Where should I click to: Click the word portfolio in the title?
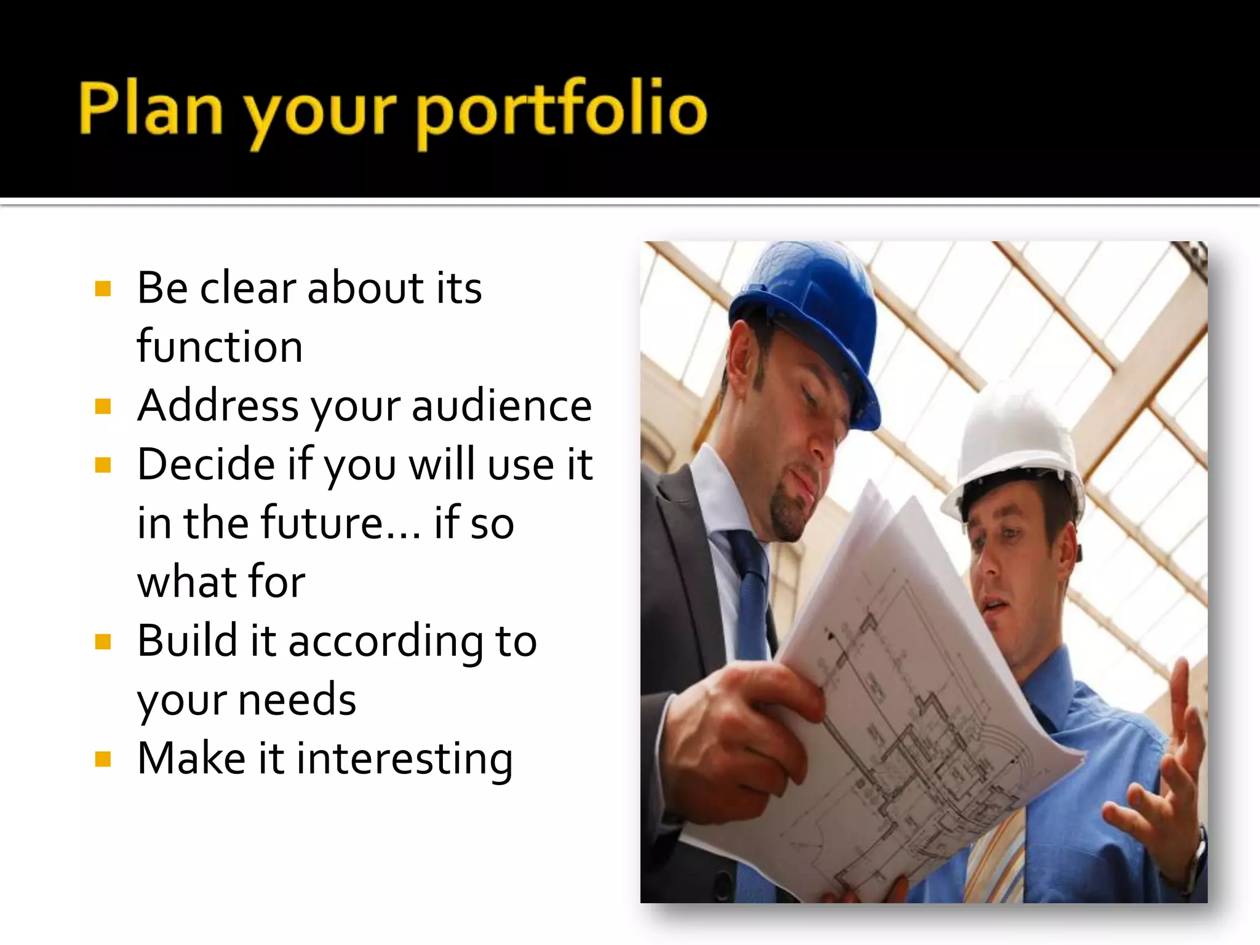[562, 111]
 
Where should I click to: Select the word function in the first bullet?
[220, 347]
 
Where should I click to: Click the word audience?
[501, 406]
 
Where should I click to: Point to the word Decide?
[205, 465]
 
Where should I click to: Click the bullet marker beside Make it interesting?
[103, 759]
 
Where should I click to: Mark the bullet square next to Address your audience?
[103, 407]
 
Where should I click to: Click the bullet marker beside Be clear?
[103, 289]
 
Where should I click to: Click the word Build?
[187, 642]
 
